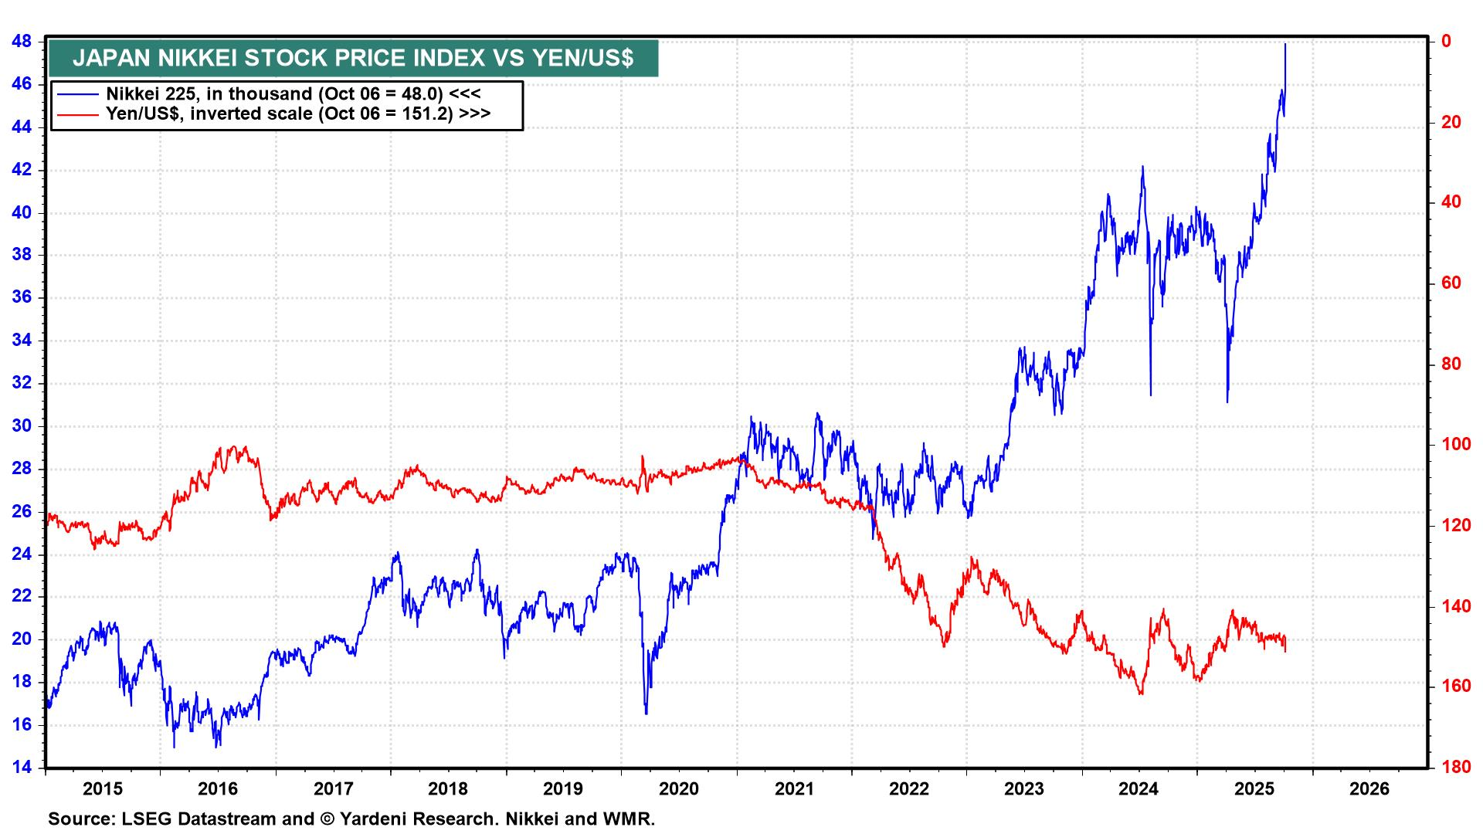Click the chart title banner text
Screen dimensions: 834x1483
pos(353,58)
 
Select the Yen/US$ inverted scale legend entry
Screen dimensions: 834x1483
pos(298,114)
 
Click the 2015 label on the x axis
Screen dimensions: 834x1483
pos(103,789)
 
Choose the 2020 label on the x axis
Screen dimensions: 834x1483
pos(679,789)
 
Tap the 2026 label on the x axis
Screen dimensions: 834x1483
pos(1369,789)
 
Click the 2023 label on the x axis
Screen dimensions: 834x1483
pos(1023,789)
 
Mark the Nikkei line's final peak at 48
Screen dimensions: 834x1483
pos(1285,44)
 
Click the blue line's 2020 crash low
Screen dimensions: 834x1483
pos(646,712)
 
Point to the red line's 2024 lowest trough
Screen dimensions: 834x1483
pos(1141,693)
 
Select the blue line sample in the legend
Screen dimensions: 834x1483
pos(78,94)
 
